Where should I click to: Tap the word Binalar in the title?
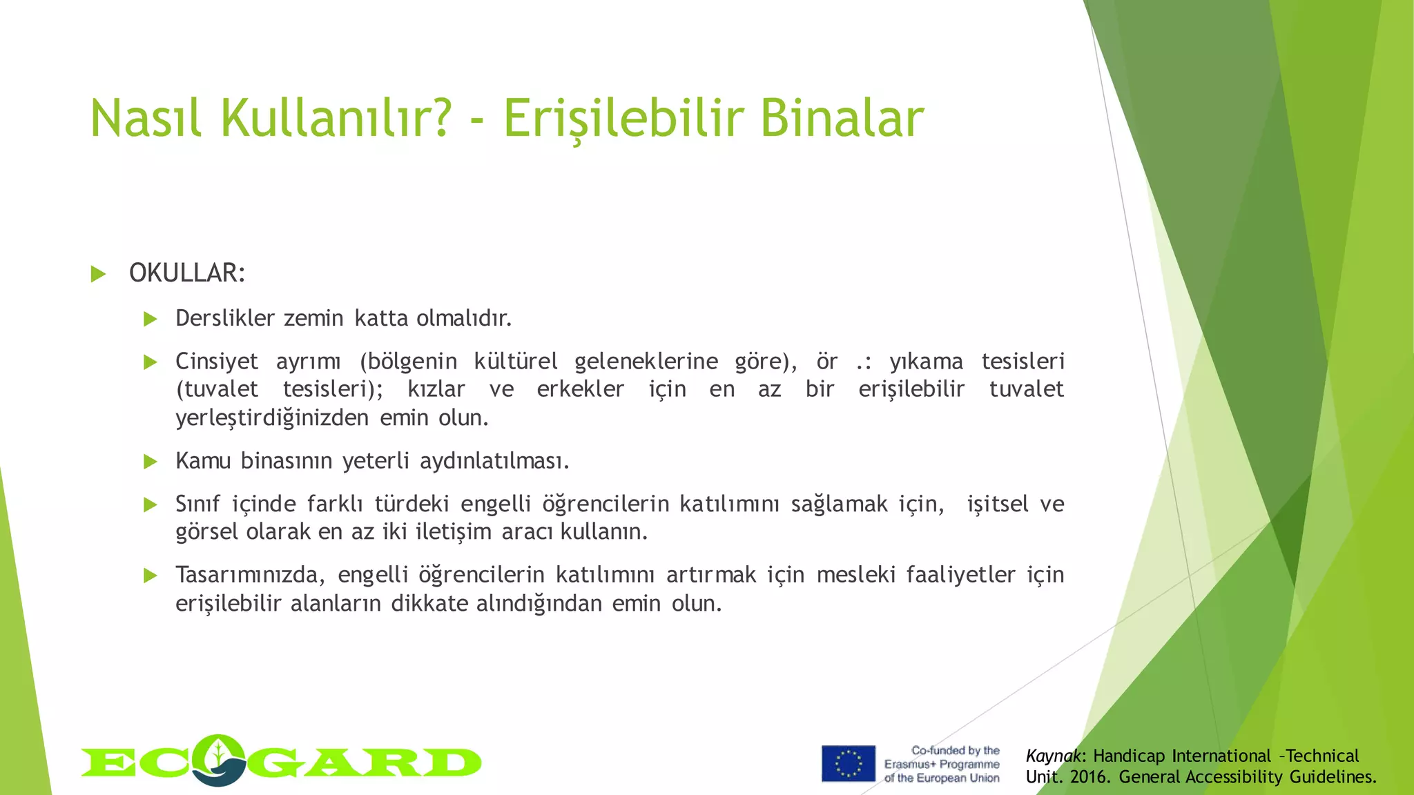(842, 119)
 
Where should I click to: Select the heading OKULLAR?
(187, 273)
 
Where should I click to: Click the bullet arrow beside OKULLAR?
(98, 275)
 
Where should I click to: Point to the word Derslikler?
(225, 318)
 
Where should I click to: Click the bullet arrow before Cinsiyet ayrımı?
(151, 362)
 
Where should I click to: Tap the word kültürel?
(515, 361)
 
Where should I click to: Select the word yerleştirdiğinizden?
(272, 418)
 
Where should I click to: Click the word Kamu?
(203, 460)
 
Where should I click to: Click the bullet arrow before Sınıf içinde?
(151, 504)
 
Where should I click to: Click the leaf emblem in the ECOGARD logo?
(219, 759)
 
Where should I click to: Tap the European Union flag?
(848, 763)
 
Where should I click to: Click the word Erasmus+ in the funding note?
(909, 765)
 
